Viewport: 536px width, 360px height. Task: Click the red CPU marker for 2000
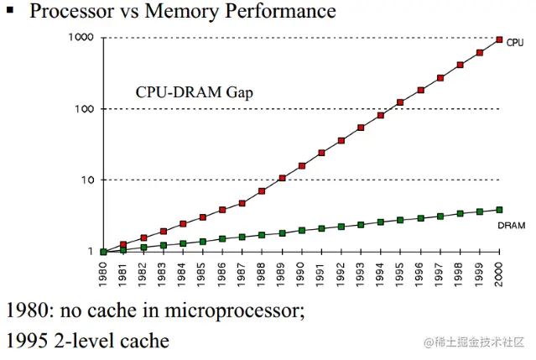pyautogui.click(x=500, y=39)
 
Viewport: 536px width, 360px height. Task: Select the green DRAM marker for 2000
pyautogui.click(x=500, y=210)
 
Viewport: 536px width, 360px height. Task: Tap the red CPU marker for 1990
pyautogui.click(x=301, y=166)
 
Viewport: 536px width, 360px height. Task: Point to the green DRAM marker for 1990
pyautogui.click(x=301, y=230)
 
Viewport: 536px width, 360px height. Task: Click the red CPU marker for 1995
pyautogui.click(x=401, y=102)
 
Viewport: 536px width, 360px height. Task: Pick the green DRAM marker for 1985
pyautogui.click(x=202, y=242)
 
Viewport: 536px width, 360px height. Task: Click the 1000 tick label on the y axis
pyautogui.click(x=81, y=38)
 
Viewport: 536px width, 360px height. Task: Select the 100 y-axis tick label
pyautogui.click(x=84, y=109)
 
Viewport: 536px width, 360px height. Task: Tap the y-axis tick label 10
pyautogui.click(x=86, y=180)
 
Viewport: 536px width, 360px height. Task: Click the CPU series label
pyautogui.click(x=515, y=42)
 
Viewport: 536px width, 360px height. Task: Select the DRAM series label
pyautogui.click(x=512, y=226)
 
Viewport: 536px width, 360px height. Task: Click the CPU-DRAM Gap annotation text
pyautogui.click(x=194, y=92)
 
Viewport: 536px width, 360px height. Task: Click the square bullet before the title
pyautogui.click(x=11, y=11)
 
